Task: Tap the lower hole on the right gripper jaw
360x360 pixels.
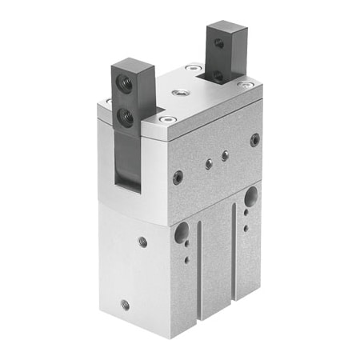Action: [217, 76]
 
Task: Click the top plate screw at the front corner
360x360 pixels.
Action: [166, 120]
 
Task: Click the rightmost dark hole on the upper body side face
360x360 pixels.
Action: [254, 139]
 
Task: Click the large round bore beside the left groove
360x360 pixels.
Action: [184, 233]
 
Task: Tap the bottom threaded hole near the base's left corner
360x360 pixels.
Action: [124, 304]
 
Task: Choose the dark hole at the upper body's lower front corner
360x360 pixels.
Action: [178, 177]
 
